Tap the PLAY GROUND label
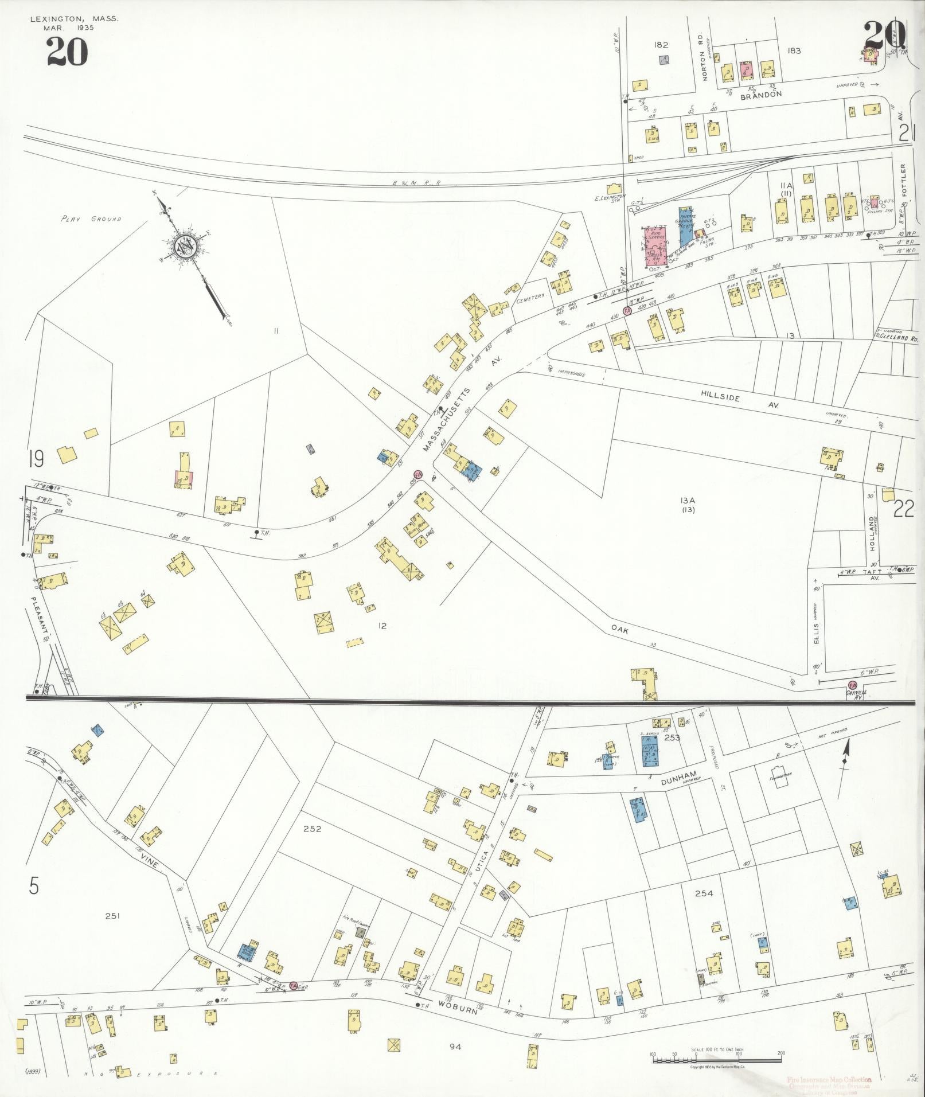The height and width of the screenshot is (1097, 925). click(92, 218)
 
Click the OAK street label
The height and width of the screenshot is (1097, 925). click(620, 629)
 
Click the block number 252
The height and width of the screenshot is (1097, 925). click(313, 829)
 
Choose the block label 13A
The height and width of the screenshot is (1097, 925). click(688, 501)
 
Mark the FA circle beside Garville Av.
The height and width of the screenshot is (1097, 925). click(852, 685)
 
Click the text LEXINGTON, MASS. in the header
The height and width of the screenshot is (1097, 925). click(75, 19)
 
